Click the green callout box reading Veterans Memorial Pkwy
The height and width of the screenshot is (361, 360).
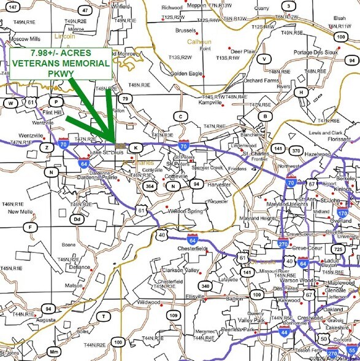tap(60, 63)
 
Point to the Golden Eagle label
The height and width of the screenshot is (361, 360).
tap(186, 74)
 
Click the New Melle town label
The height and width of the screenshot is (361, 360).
tap(20, 212)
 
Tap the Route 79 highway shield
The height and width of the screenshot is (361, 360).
tap(125, 98)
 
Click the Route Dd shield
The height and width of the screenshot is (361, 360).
tap(77, 219)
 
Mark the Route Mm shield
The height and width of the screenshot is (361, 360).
tap(55, 352)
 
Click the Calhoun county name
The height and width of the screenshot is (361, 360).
tap(195, 42)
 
